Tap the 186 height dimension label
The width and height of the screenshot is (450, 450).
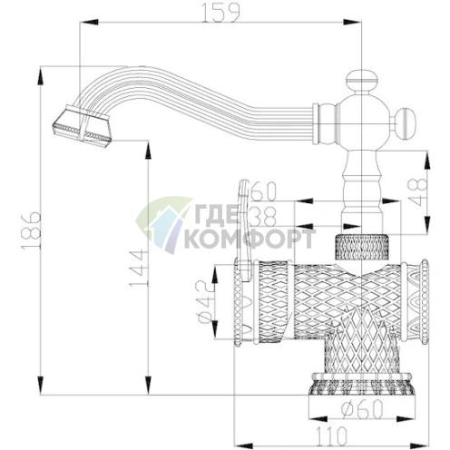[31, 230]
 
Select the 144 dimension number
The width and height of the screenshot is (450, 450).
[139, 269]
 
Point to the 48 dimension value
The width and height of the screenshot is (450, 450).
[417, 192]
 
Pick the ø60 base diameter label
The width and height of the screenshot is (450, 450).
[362, 408]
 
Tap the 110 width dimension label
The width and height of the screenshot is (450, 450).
[332, 435]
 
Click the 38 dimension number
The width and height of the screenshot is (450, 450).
[264, 216]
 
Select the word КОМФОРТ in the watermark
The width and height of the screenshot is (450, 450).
[249, 239]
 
